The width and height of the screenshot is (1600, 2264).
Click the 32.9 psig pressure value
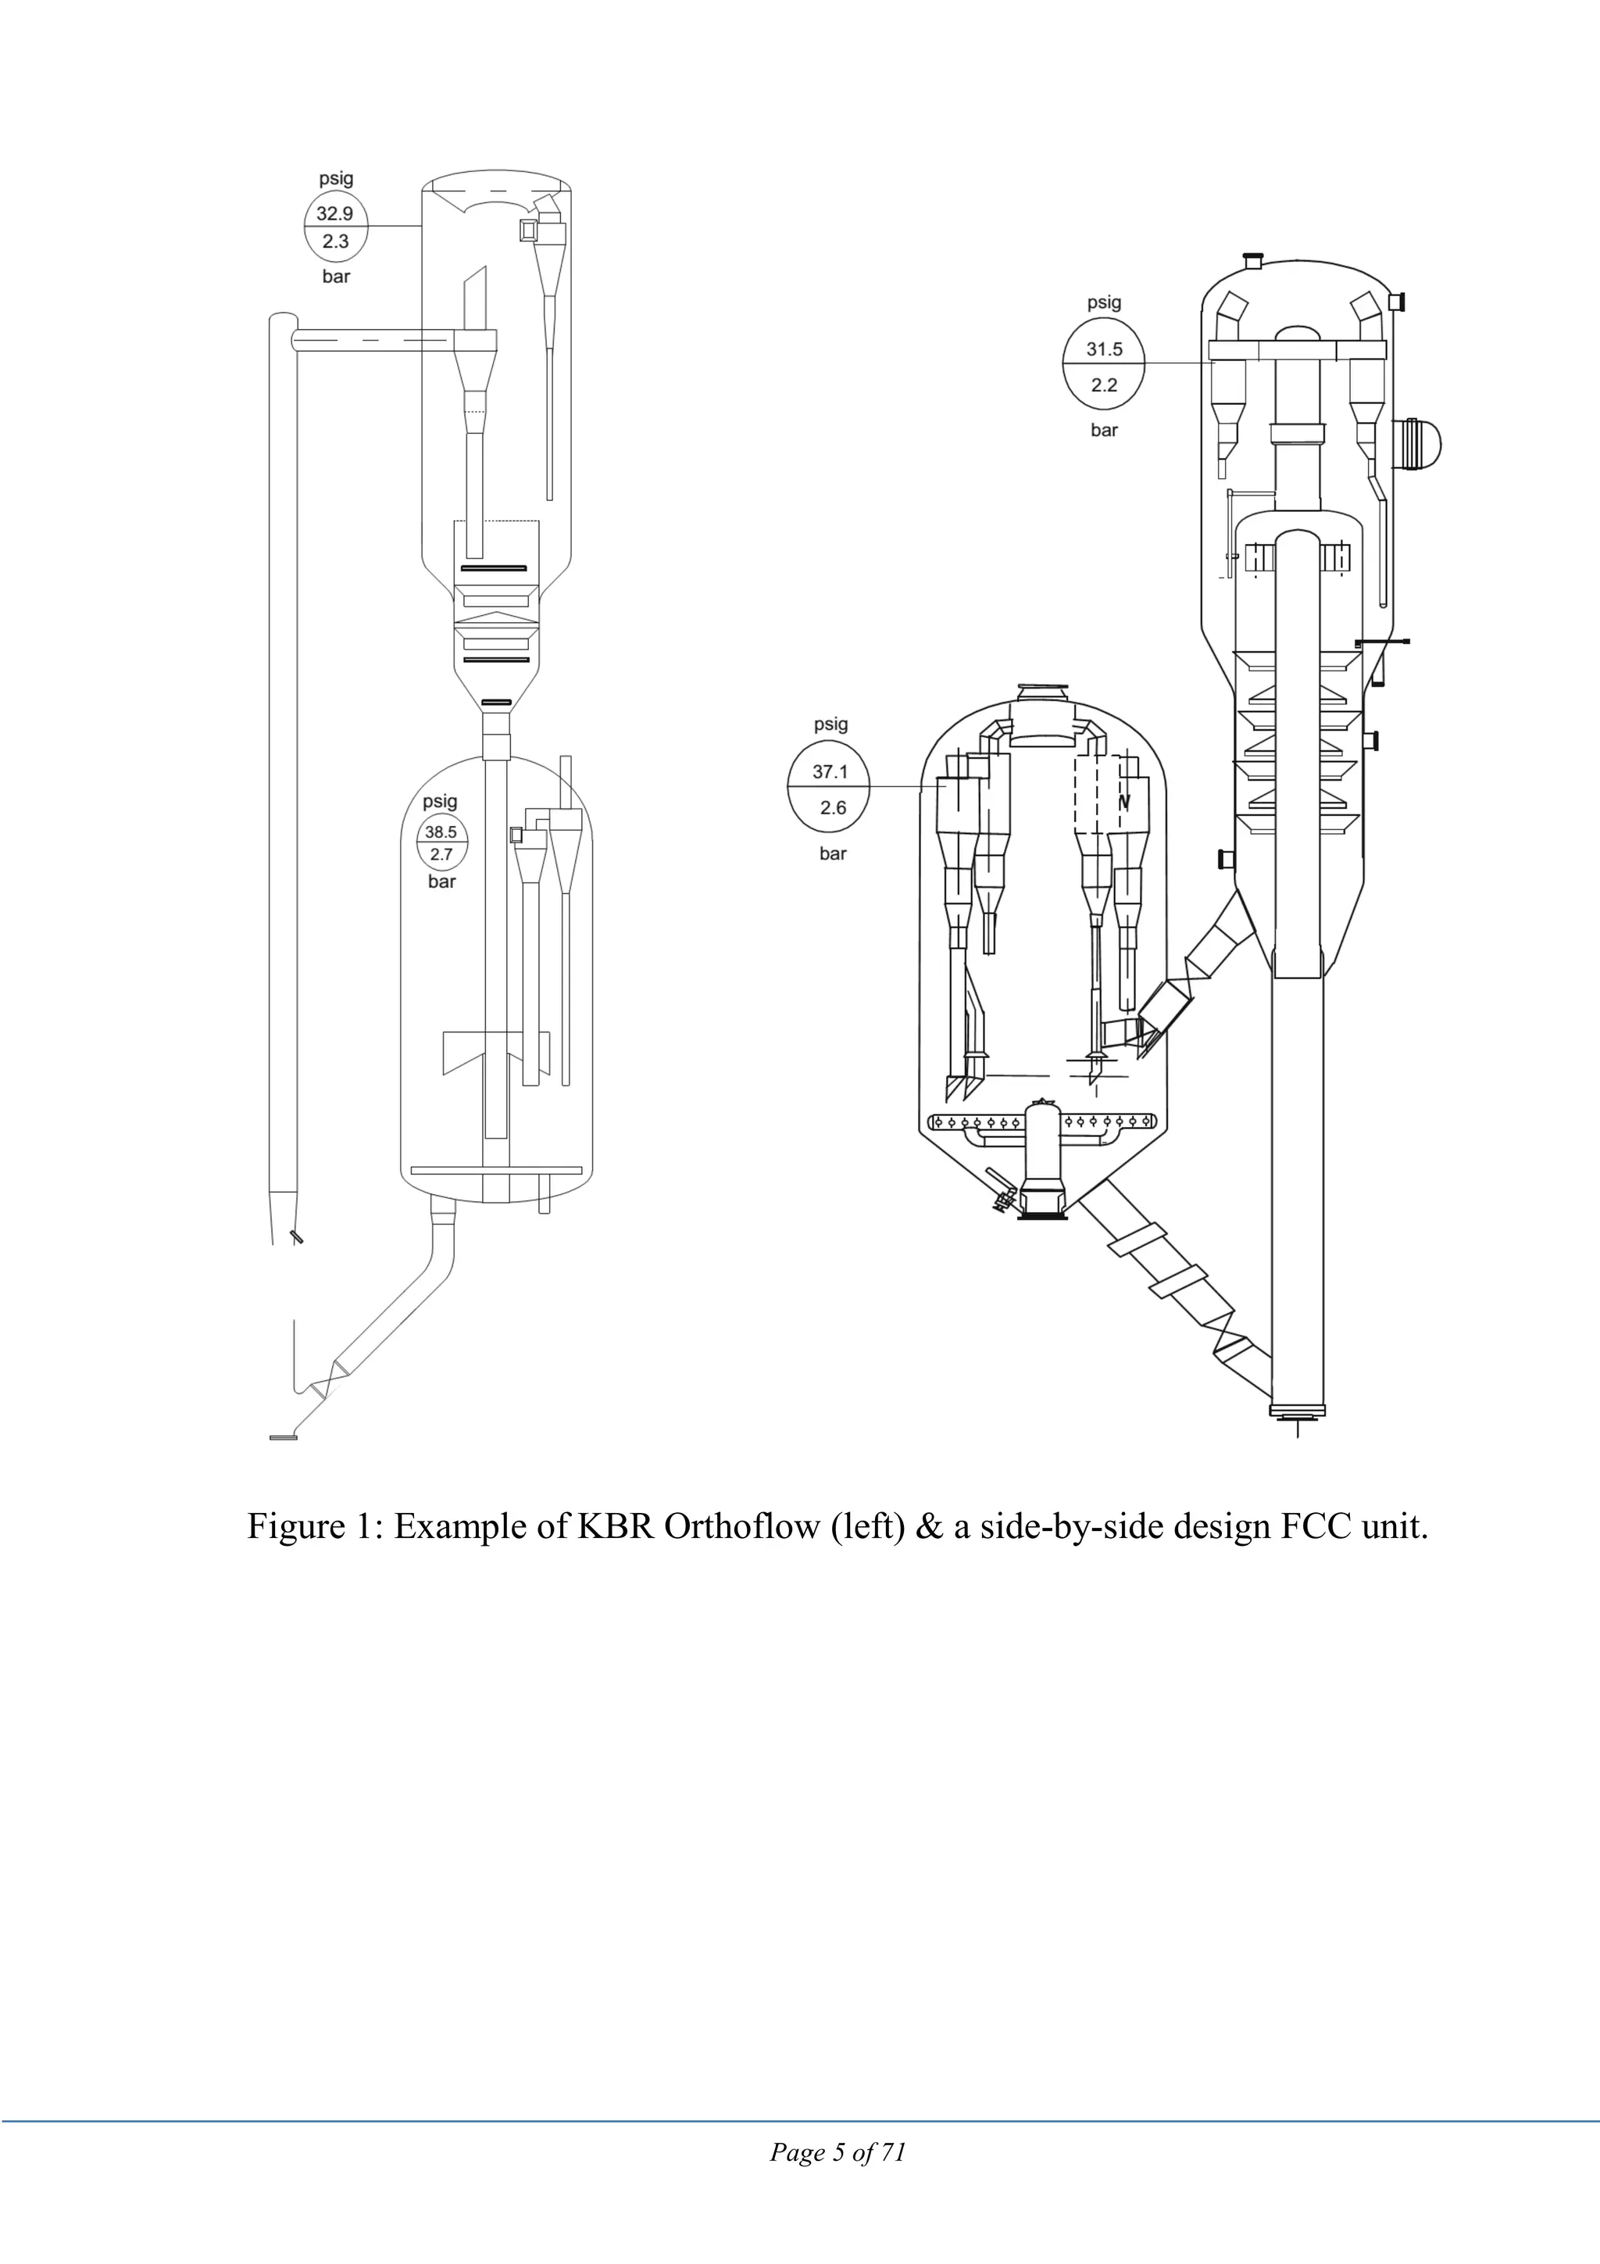pos(335,213)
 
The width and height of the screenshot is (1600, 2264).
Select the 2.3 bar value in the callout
pos(335,241)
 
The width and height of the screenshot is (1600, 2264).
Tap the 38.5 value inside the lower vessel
pos(441,832)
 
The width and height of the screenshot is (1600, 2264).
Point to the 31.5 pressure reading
pos(1104,349)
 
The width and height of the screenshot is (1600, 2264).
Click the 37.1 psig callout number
pos(830,772)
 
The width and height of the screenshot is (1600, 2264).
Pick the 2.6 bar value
pos(833,807)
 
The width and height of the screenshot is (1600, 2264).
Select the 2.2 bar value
pos(1104,384)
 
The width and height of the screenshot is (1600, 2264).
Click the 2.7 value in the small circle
pos(441,855)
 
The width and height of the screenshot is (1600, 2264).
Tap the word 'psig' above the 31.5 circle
pos(1104,302)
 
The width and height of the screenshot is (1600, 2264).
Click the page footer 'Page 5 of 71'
pos(838,2151)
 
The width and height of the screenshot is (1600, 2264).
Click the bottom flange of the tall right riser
pos(1298,1412)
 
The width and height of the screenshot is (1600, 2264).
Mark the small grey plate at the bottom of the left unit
pos(283,1438)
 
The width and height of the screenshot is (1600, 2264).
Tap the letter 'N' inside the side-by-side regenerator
pos(1124,803)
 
